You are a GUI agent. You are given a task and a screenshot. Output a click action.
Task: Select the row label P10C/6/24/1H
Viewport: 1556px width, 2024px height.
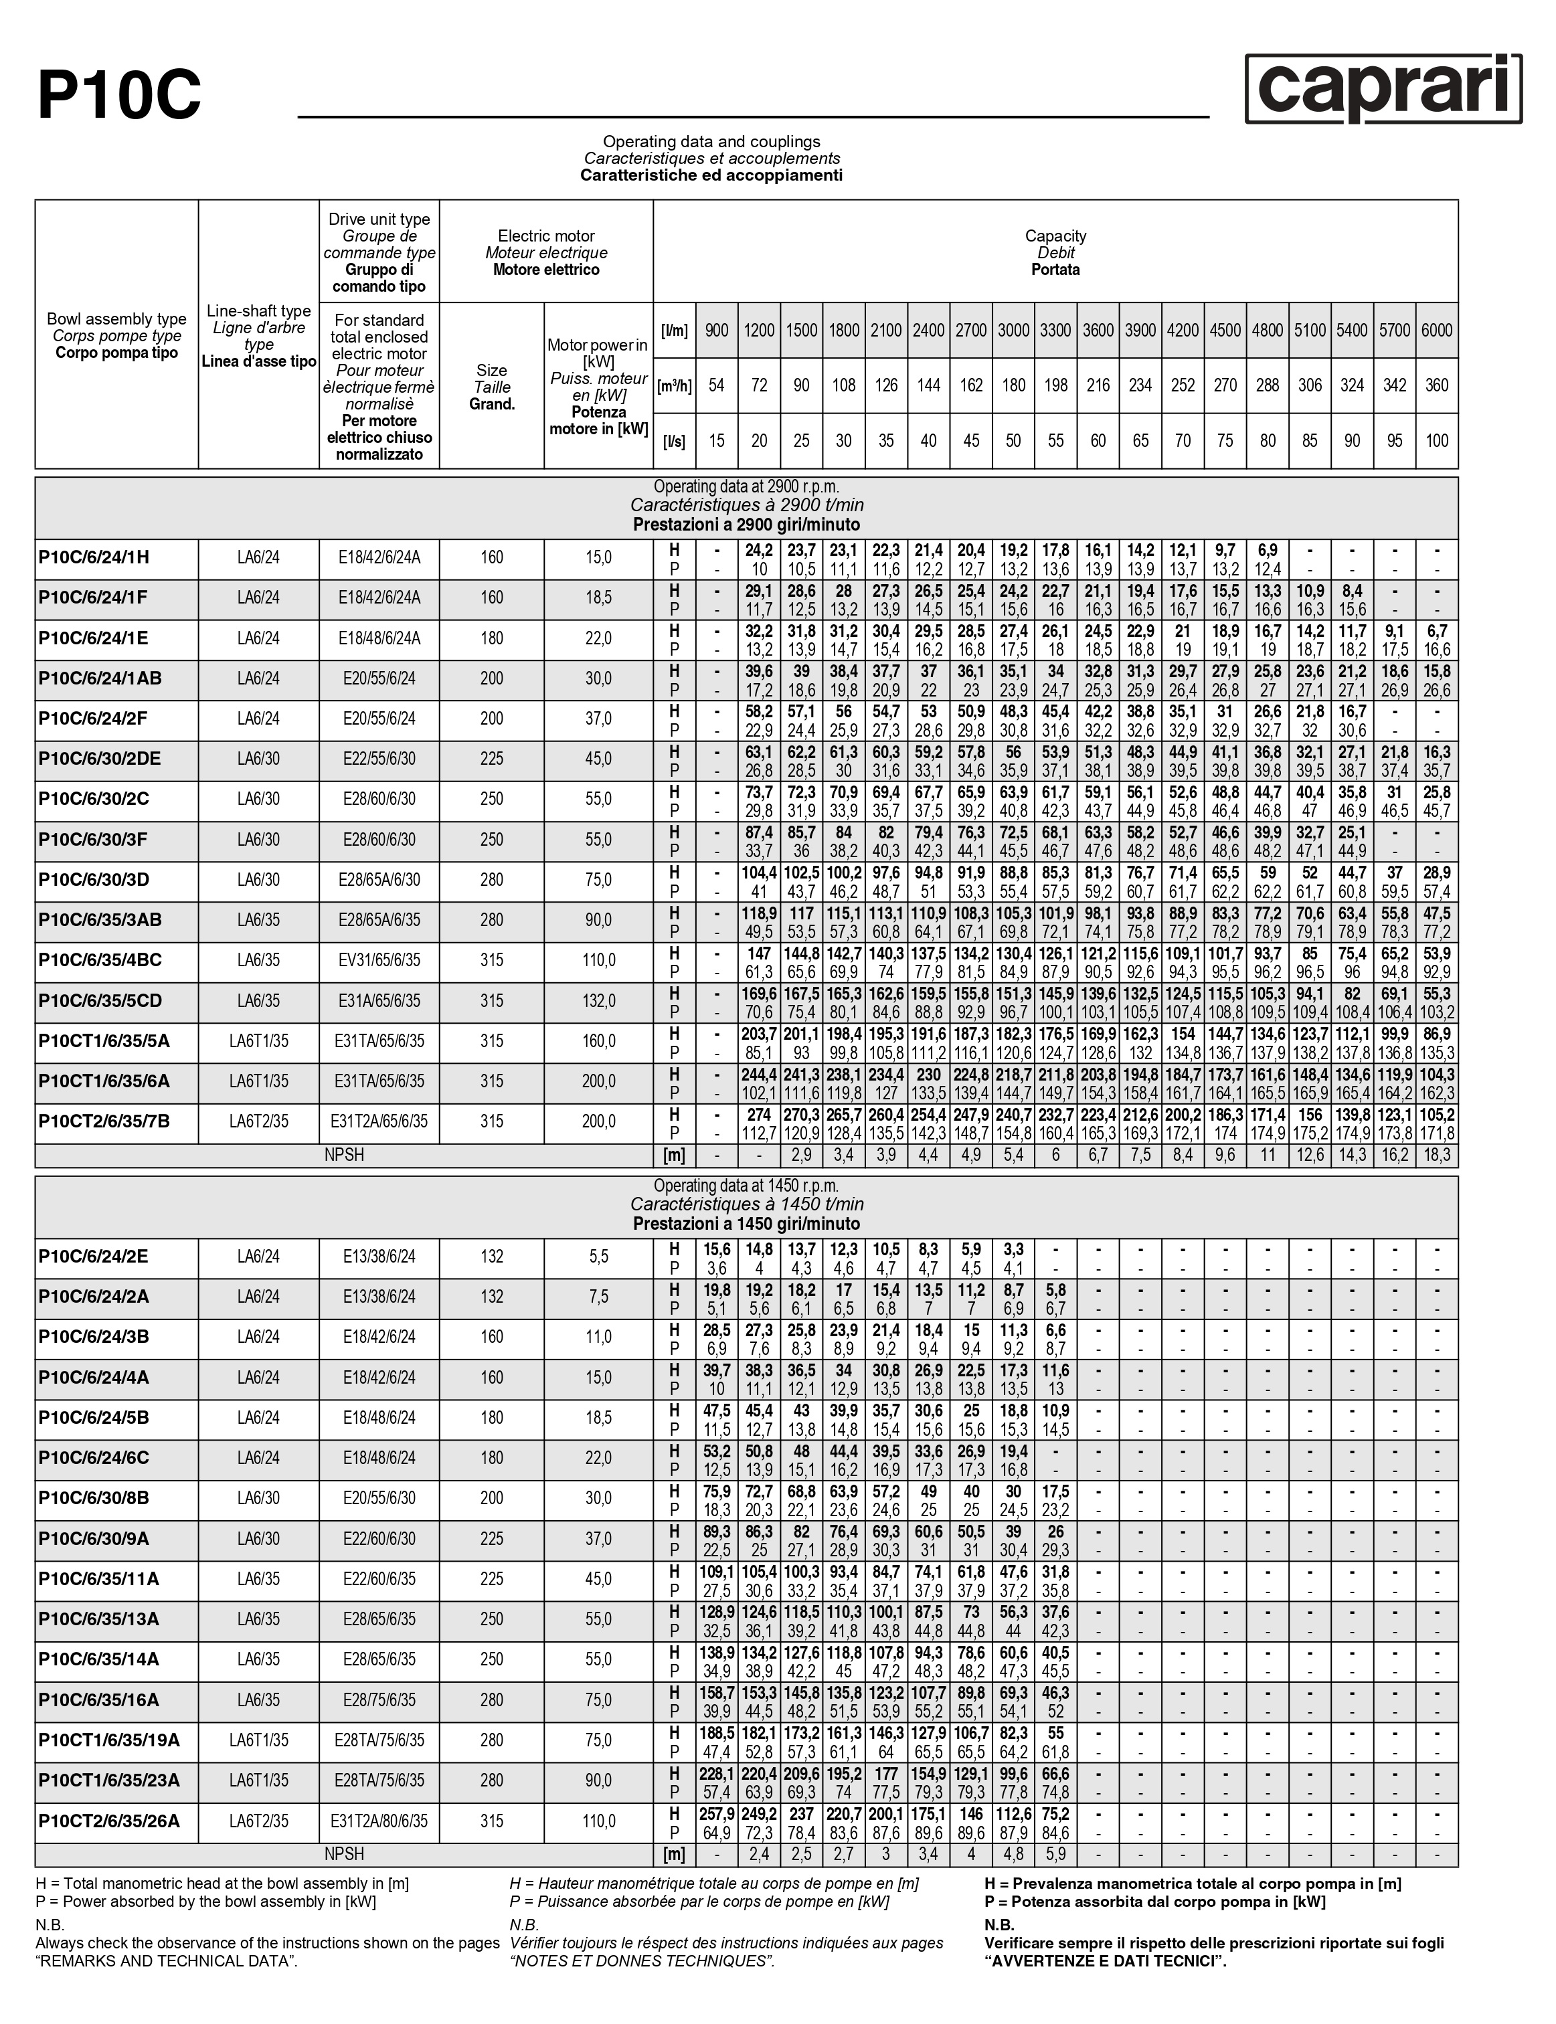coord(94,557)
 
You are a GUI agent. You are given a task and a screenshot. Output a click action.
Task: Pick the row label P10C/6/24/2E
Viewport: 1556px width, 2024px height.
coord(94,1257)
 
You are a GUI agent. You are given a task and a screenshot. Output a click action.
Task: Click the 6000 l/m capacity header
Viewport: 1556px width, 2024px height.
coord(1436,330)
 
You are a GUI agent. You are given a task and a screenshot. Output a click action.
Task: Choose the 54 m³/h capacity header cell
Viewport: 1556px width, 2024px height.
coord(716,385)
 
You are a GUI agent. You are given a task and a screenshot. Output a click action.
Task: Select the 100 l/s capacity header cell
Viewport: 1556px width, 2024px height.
coord(1436,441)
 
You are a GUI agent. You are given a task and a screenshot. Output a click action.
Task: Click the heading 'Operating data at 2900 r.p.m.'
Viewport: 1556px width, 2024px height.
coord(746,487)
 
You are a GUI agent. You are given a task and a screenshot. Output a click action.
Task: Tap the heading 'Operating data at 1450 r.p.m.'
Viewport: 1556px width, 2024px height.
coord(746,1186)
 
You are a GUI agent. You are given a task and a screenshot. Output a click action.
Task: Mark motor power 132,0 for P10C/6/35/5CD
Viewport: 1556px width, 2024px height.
coord(598,1001)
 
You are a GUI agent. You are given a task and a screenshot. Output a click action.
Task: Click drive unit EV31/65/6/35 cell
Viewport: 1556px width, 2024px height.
coord(379,960)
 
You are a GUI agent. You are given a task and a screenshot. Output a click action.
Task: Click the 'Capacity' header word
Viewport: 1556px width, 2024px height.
coord(1055,236)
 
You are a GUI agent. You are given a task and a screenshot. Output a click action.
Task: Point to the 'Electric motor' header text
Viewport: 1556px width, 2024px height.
coord(547,236)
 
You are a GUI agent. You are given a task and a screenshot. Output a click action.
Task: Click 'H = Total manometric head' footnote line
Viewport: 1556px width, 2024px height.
coord(222,1883)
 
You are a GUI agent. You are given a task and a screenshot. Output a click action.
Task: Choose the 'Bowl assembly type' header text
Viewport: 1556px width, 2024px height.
coord(116,319)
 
